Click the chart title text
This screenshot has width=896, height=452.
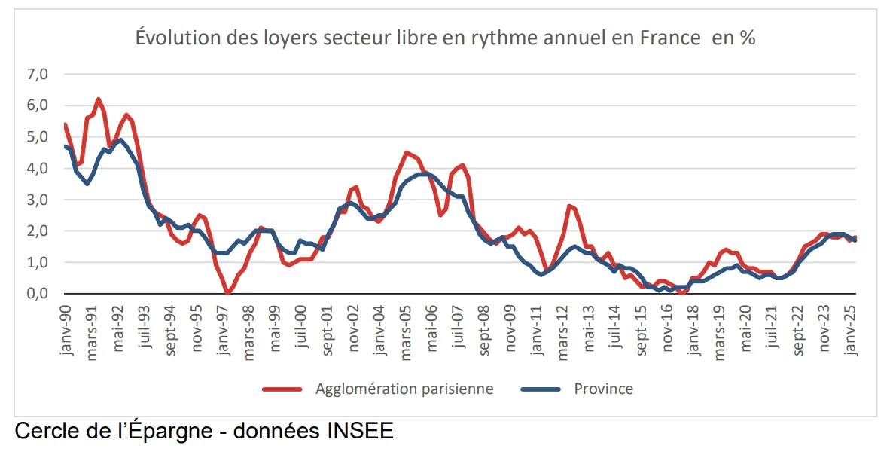(x=445, y=38)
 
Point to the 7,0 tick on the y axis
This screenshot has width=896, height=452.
(x=38, y=75)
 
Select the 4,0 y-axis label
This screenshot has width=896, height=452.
(x=38, y=169)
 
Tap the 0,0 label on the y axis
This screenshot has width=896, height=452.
(x=38, y=294)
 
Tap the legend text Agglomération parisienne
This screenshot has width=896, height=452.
(x=405, y=389)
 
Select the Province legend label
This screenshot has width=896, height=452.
(x=603, y=389)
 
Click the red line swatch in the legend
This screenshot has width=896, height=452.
(x=282, y=389)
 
